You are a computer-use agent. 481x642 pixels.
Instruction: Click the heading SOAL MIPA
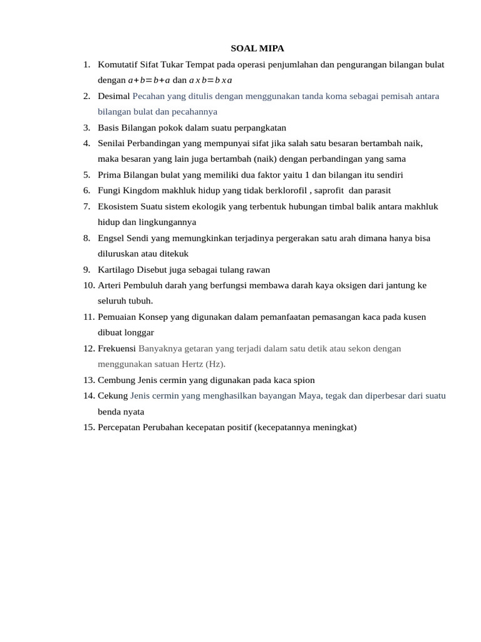(x=257, y=48)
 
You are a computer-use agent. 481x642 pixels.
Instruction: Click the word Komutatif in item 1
(x=118, y=64)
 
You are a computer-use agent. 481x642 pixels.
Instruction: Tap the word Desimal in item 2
(x=114, y=96)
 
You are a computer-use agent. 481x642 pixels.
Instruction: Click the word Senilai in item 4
(x=112, y=143)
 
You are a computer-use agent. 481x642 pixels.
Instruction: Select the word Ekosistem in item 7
(x=118, y=206)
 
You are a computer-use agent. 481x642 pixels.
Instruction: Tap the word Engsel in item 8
(x=111, y=238)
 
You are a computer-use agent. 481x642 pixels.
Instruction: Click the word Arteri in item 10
(x=110, y=285)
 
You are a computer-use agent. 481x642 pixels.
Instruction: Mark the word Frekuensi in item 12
(x=117, y=349)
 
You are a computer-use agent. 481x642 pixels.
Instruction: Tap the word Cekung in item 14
(x=113, y=396)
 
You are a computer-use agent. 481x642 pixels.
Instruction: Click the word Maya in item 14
(x=309, y=396)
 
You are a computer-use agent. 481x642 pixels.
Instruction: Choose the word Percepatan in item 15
(x=120, y=428)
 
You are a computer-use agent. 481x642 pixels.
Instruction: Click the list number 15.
(x=88, y=428)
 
